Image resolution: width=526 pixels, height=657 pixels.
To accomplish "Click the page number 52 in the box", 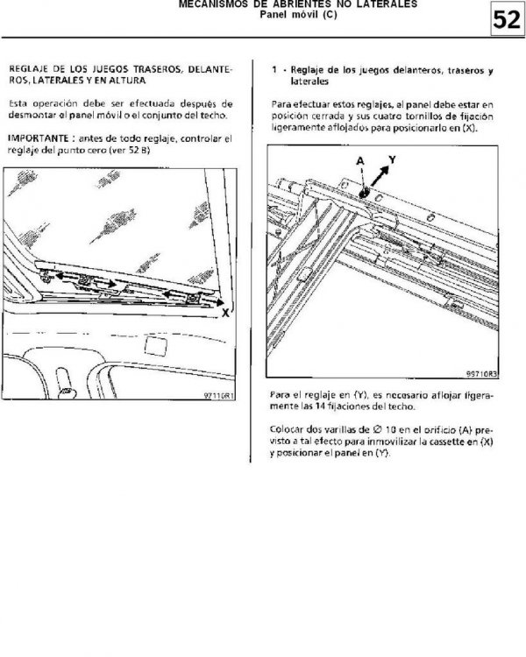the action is pos(507,19).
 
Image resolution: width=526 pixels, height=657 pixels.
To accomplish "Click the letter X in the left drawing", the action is pos(225,313).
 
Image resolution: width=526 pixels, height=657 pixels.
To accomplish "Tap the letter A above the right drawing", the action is pos(360,161).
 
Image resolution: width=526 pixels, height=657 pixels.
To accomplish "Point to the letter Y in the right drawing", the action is pos(392,159).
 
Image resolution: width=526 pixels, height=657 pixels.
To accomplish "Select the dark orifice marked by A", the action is pos(363,193).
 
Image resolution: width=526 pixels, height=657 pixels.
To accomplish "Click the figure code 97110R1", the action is pos(219,395).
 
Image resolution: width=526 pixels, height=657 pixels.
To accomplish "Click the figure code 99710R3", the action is pos(482,373).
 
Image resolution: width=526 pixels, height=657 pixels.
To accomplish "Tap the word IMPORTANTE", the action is pos(39,138).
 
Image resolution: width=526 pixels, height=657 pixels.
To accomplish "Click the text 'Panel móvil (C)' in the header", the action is pos(298,15).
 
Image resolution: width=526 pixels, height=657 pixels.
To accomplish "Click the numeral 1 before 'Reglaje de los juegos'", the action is pos(274,70).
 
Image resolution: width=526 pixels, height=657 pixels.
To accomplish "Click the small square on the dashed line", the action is pos(155,346).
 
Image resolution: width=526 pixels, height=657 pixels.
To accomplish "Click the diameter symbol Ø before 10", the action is pos(377,429).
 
